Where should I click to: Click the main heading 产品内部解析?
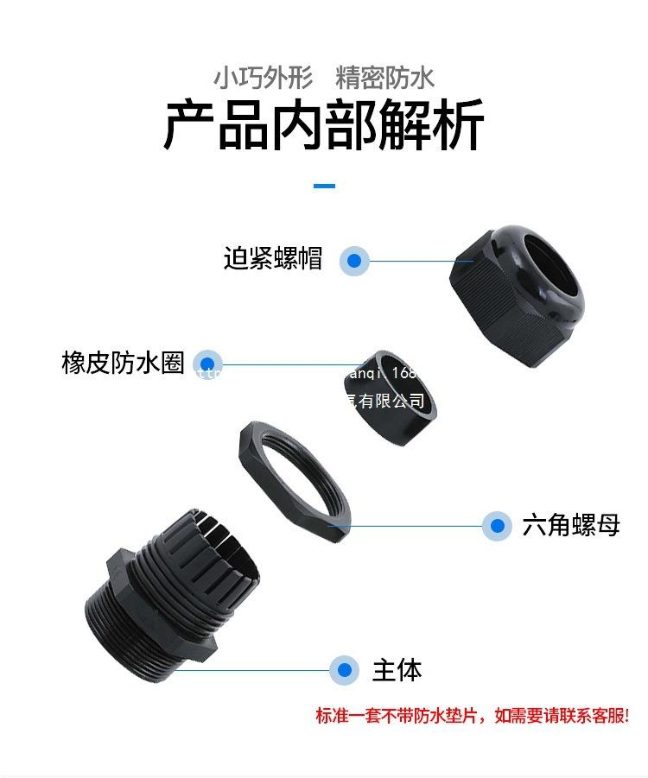(324, 126)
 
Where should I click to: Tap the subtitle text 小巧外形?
(263, 78)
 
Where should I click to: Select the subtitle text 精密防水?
(384, 78)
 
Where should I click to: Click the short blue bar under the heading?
(324, 186)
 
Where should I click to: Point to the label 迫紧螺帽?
(273, 258)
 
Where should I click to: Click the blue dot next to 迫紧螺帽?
(353, 260)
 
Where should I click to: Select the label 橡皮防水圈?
(124, 363)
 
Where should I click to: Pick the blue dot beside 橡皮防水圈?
(207, 364)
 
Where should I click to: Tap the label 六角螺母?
(571, 525)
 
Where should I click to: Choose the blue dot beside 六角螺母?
(496, 525)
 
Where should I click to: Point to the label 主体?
(397, 670)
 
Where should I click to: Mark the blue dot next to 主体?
(344, 670)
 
